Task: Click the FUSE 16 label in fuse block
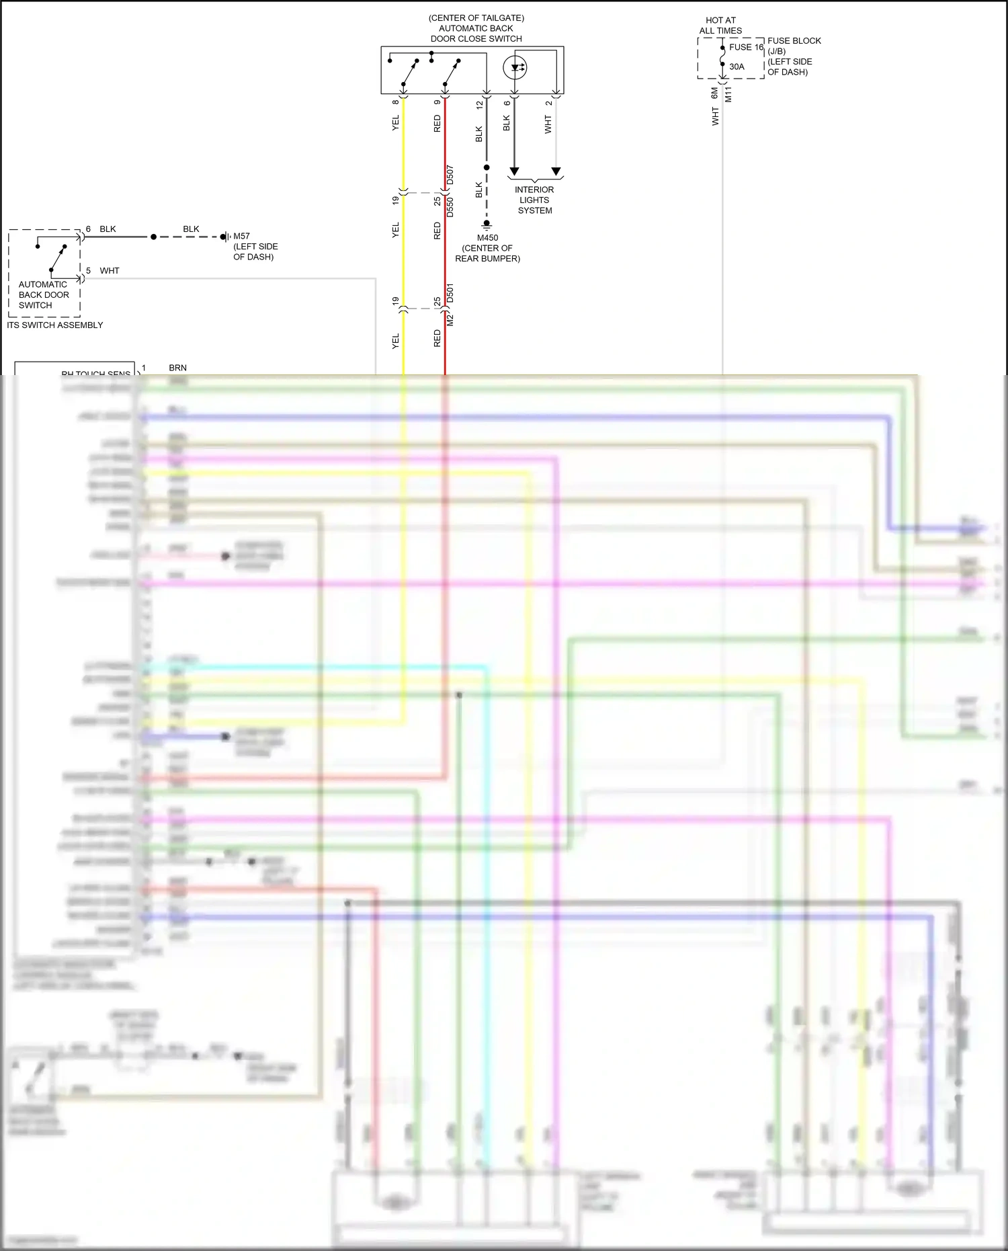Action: pyautogui.click(x=746, y=47)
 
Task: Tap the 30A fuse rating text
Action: pyautogui.click(x=737, y=67)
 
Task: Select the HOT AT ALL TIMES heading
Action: pyautogui.click(x=720, y=26)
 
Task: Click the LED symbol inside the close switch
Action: pyautogui.click(x=515, y=67)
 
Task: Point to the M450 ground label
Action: pyautogui.click(x=487, y=238)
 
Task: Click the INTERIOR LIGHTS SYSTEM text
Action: pyautogui.click(x=535, y=200)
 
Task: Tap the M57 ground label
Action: pyautogui.click(x=241, y=236)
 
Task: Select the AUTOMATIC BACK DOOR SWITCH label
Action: pyautogui.click(x=44, y=294)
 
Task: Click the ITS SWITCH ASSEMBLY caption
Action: pyautogui.click(x=55, y=325)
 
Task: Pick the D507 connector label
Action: pyautogui.click(x=450, y=175)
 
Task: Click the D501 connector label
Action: pyautogui.click(x=450, y=293)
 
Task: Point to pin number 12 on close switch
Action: pyautogui.click(x=479, y=105)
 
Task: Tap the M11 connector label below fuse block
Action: pyautogui.click(x=728, y=94)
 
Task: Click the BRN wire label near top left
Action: pyautogui.click(x=177, y=368)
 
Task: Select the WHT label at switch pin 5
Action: pyautogui.click(x=110, y=271)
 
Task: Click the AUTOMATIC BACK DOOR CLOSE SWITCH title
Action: pyautogui.click(x=476, y=28)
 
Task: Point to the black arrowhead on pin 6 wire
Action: pyautogui.click(x=514, y=171)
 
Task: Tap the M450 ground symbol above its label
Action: pyautogui.click(x=487, y=226)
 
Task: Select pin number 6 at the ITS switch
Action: pyautogui.click(x=88, y=229)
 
